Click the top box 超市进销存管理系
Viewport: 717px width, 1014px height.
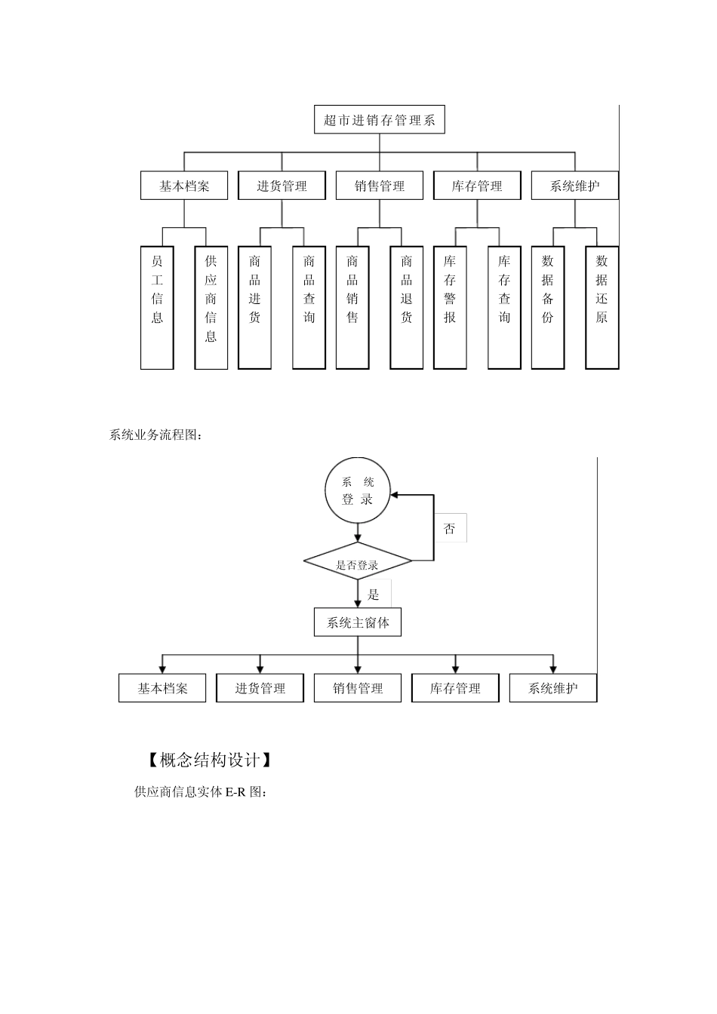tap(380, 120)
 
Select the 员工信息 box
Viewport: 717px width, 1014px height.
tap(157, 307)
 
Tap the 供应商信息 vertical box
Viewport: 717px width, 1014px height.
tap(211, 307)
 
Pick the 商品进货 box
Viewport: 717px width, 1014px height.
tap(255, 307)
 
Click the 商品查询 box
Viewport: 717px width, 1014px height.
tap(309, 307)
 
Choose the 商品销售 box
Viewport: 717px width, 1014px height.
tap(352, 307)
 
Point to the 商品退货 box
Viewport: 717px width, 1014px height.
tap(407, 307)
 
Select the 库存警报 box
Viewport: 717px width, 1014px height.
tap(451, 307)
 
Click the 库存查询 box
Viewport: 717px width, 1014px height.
tap(504, 307)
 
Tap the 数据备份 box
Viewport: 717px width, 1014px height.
tap(548, 307)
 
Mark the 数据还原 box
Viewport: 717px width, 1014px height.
tap(602, 307)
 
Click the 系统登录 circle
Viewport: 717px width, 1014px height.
tap(358, 491)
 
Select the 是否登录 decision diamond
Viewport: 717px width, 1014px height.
tap(358, 562)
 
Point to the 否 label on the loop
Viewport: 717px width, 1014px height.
tap(450, 528)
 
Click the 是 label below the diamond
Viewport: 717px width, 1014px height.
tap(374, 595)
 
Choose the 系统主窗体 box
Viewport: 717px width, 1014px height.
tap(358, 623)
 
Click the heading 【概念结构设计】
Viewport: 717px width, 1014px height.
tap(205, 760)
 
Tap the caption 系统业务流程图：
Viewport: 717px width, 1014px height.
tap(156, 435)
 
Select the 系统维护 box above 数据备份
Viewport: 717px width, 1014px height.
tap(575, 186)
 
